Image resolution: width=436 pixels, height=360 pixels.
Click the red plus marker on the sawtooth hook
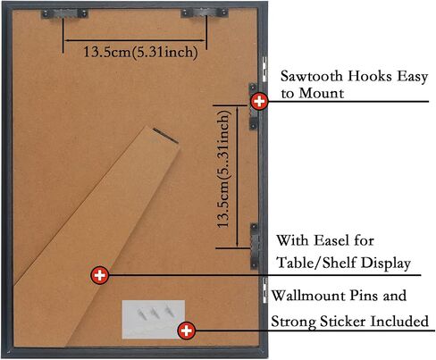259,102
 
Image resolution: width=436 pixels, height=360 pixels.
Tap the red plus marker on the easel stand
99,275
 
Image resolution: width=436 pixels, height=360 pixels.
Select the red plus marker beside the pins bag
187,331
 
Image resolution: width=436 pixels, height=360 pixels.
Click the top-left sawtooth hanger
64,13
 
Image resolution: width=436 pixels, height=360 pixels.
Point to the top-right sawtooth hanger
205,13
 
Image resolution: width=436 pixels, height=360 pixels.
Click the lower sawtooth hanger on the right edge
254,246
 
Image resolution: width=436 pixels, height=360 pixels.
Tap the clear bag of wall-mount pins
154,319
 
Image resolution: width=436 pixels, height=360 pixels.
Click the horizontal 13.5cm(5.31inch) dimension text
140,52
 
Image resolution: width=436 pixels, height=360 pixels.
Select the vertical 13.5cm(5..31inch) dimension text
223,169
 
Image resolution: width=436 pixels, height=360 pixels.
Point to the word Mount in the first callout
322,94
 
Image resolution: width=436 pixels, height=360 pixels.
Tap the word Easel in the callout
331,240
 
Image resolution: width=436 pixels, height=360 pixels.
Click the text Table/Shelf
316,263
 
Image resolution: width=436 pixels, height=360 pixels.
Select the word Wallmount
308,296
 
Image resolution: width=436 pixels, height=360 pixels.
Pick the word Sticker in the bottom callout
343,322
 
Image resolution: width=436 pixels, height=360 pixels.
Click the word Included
399,322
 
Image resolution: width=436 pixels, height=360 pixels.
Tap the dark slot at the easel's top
165,136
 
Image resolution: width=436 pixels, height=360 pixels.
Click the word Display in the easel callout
386,264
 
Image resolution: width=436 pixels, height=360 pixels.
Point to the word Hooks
369,76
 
